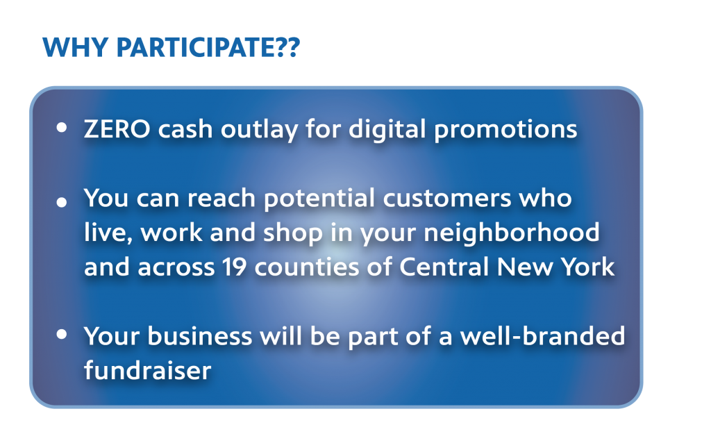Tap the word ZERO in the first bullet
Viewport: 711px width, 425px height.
[117, 129]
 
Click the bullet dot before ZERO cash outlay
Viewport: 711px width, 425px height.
[62, 128]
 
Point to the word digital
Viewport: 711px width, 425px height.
[387, 130]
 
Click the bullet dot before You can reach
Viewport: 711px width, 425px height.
[62, 202]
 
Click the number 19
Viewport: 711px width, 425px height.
[235, 267]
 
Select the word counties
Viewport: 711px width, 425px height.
[307, 267]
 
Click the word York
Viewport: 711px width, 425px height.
[588, 267]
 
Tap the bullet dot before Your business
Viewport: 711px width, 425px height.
[62, 335]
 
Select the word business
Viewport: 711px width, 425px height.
[199, 337]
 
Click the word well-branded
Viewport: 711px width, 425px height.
[542, 337]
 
